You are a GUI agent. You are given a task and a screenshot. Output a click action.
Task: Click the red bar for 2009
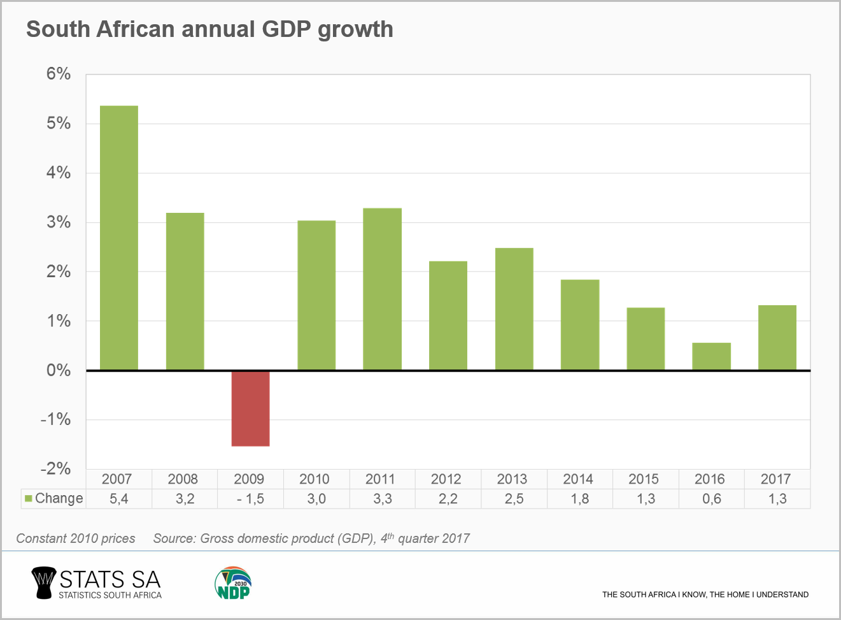250,408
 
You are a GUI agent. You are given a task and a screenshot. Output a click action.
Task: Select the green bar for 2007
119,238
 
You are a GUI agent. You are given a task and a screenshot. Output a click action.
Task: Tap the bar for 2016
711,356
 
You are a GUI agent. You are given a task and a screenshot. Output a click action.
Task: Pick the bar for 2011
382,289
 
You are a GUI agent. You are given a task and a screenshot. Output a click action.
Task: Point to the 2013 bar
514,309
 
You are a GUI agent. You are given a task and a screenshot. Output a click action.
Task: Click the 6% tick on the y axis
58,74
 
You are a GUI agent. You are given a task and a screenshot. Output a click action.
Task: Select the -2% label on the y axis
55,469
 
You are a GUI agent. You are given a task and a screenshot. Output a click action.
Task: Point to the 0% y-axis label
58,370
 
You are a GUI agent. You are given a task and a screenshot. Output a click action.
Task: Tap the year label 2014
577,479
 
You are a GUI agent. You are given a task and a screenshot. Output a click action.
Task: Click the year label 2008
183,479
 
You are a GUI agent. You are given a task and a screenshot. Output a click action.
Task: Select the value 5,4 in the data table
119,499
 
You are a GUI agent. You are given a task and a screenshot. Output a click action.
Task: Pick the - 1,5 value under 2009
250,499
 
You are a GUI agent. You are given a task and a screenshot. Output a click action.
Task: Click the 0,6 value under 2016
711,499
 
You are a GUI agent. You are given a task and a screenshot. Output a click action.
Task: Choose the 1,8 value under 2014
579,499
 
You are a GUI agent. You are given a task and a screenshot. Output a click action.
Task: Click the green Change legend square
28,498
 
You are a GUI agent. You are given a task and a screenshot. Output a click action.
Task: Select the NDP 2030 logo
233,583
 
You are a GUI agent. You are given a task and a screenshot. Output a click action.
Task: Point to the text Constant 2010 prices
76,538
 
